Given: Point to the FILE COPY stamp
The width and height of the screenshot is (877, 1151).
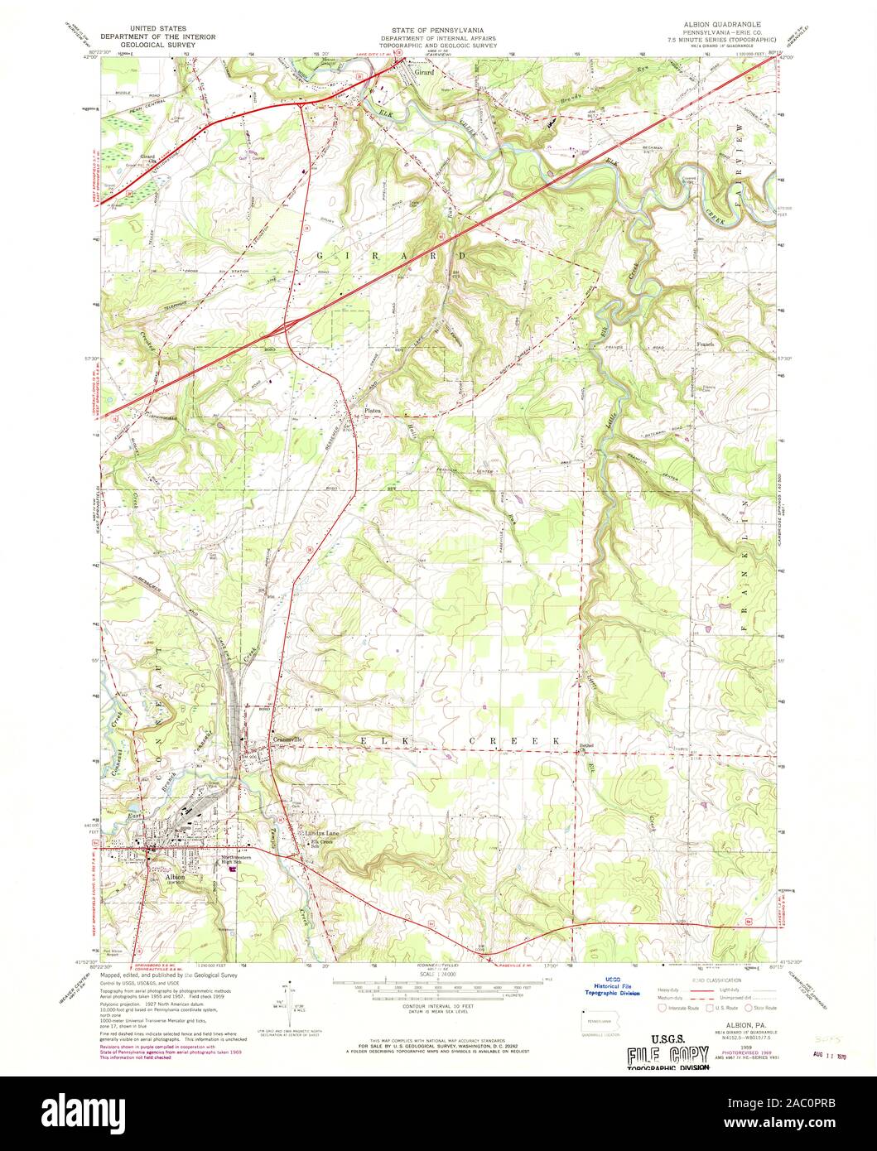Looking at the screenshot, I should coord(667,1055).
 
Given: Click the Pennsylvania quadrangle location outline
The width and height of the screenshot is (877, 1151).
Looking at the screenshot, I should coord(599,1026).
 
